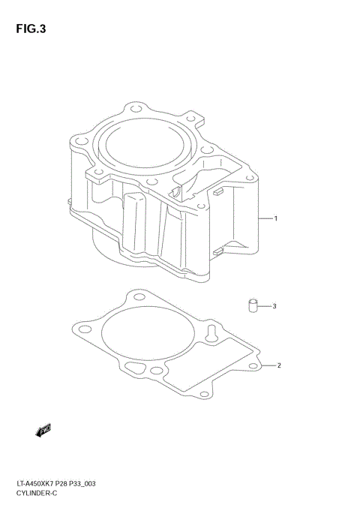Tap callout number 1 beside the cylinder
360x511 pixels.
(276, 219)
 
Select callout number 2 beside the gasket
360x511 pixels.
(278, 366)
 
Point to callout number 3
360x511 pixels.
(274, 306)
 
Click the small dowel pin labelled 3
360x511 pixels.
(253, 305)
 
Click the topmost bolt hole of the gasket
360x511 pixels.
(137, 299)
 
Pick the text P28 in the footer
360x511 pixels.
(70, 485)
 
